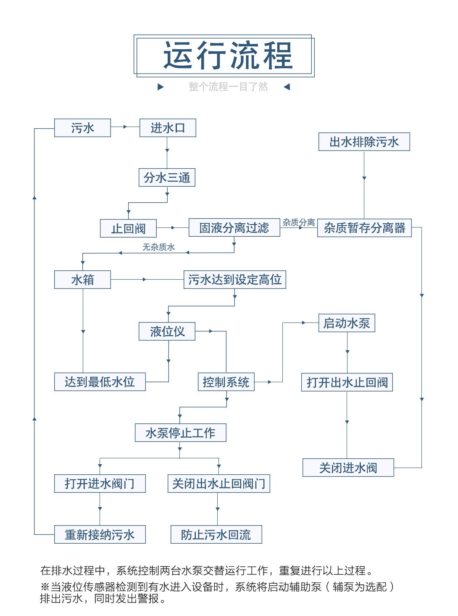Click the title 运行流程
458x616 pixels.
coord(227,56)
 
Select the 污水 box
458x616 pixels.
coord(82,128)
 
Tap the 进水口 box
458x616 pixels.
coord(168,128)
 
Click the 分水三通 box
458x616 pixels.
coord(167,177)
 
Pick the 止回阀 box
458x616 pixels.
coord(128,228)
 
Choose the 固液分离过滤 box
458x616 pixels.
coord(234,227)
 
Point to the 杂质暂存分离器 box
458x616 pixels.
coord(364,228)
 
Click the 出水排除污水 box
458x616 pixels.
coord(364,142)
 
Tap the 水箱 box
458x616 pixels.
coord(82,280)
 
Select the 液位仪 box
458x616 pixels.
coord(167,331)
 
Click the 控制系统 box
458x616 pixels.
coord(226,382)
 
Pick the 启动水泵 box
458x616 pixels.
coord(347,323)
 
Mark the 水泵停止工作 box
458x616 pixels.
coord(180,433)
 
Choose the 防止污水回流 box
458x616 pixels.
coord(216,534)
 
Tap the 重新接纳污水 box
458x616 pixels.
coord(100,534)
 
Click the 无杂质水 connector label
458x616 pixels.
coord(158,247)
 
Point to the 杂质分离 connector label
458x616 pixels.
coord(298,222)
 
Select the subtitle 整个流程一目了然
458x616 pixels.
coord(228,87)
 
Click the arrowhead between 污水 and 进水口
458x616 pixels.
coord(125,127)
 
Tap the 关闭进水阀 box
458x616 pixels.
coord(348,468)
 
